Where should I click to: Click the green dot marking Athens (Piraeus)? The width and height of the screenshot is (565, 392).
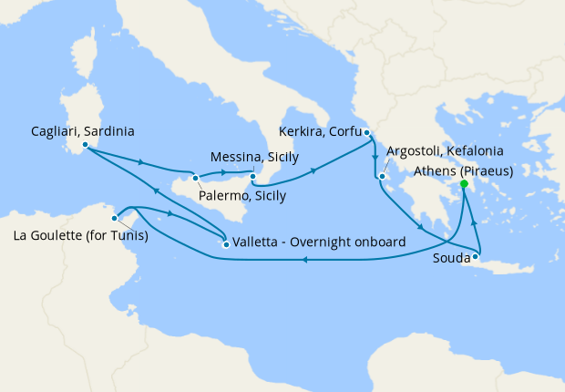tap(464, 184)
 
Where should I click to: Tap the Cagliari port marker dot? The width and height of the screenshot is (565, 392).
tap(84, 144)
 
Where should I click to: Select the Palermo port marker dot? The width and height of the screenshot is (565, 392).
tap(195, 178)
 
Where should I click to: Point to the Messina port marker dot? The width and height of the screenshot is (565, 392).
tap(253, 175)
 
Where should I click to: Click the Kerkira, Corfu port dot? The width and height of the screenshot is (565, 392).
tap(366, 133)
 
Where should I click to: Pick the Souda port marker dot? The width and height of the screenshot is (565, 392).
tap(476, 257)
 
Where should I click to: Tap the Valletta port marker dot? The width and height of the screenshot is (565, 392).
tap(226, 243)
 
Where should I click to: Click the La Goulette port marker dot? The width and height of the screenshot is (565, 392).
tap(115, 218)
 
